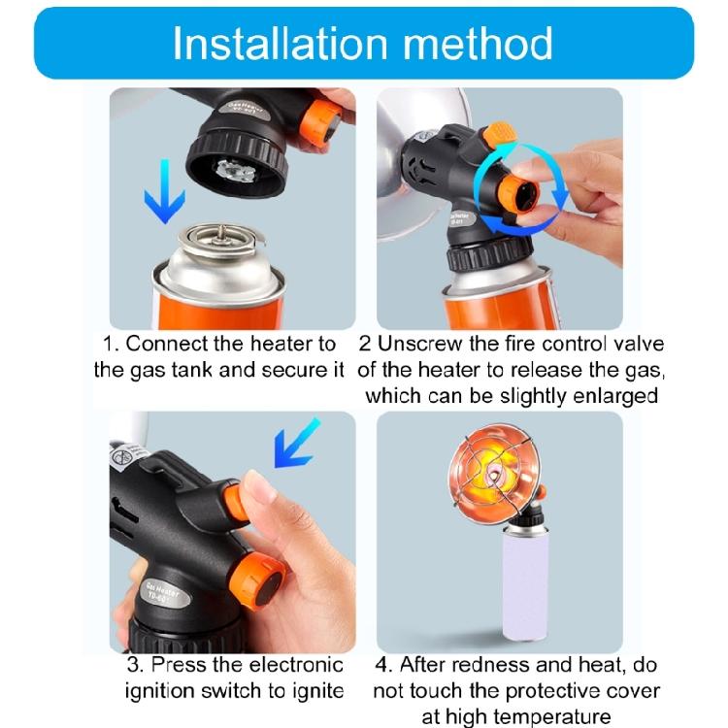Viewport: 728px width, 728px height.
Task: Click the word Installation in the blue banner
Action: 281,44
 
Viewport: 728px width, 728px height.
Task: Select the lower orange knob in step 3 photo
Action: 259,581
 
